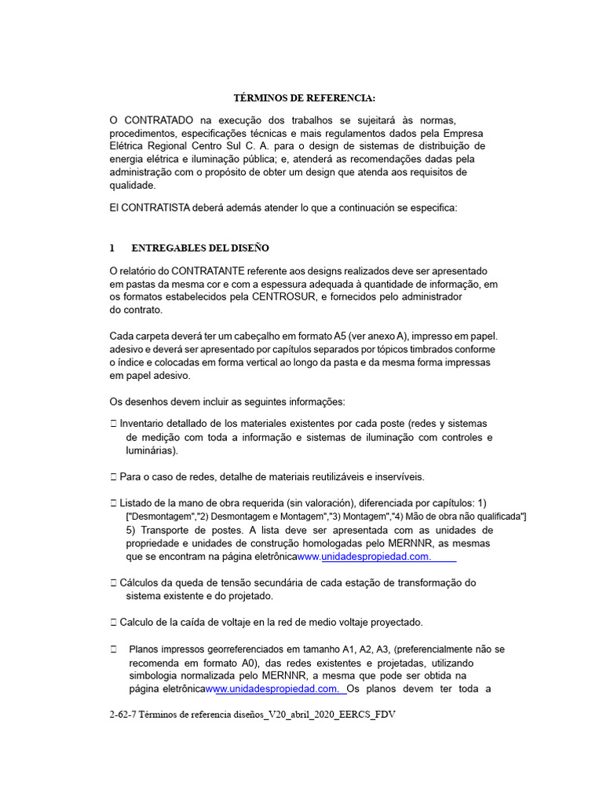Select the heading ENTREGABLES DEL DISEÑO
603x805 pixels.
tap(199, 248)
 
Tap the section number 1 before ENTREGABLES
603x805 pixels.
tap(112, 248)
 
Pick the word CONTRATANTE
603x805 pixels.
tap(211, 270)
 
